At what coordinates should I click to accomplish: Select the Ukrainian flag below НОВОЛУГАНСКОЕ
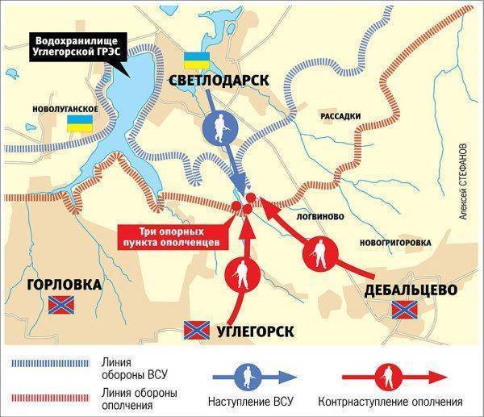pos(78,123)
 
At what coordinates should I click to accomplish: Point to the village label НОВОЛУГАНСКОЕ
pos(65,108)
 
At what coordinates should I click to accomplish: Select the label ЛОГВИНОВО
pos(321,217)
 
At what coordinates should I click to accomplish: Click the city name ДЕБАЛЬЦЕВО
pos(406,290)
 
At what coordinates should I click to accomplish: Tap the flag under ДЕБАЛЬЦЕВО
pos(402,310)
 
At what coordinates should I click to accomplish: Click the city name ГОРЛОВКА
pos(64,285)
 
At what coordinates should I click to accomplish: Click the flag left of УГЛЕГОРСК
pos(196,330)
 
